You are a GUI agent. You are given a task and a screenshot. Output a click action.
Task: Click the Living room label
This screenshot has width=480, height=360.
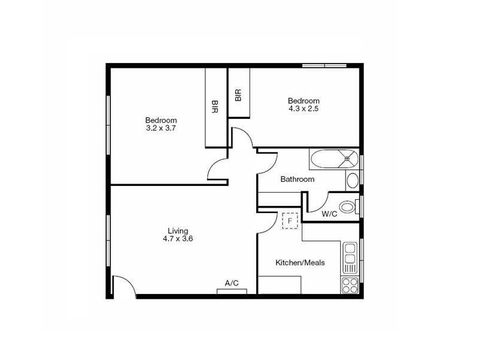pos(178,231)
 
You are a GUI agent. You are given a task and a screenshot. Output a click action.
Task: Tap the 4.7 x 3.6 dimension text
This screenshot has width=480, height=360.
pos(178,239)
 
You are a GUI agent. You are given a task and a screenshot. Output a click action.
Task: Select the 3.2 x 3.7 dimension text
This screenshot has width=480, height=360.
pos(161,128)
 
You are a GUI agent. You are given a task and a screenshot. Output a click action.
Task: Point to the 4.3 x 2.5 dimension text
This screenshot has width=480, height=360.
pos(304,109)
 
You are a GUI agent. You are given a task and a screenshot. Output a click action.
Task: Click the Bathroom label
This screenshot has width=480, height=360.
pos(297,179)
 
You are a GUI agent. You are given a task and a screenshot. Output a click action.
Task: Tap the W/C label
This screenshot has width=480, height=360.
pos(329,214)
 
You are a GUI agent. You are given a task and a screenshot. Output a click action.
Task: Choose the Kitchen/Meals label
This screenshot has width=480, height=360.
pos(300,263)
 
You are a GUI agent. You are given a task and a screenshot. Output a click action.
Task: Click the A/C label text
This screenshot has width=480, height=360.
pos(232,283)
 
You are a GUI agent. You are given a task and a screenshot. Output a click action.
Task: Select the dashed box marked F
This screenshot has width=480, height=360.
pos(290,221)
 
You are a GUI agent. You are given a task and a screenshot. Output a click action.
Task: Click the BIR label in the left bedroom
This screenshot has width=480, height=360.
pos(215,107)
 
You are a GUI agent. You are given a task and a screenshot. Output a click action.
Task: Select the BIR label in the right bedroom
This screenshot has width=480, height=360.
pos(238,95)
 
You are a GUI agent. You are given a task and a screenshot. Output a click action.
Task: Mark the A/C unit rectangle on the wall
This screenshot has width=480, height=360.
pos(232,292)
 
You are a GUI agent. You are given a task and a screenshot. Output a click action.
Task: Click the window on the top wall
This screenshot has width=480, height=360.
pos(324,65)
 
